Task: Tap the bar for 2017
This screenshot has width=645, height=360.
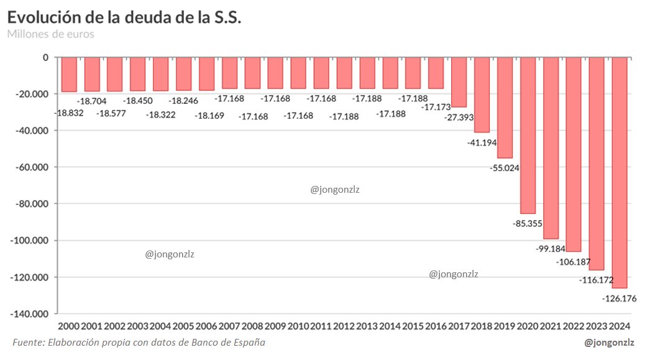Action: click(x=459, y=82)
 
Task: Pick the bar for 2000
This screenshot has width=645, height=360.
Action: click(x=69, y=75)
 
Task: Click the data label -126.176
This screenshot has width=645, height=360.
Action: click(x=619, y=298)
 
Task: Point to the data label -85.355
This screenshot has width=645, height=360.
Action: click(x=528, y=223)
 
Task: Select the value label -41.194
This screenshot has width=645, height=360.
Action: click(x=482, y=142)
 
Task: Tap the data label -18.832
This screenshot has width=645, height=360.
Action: click(x=69, y=113)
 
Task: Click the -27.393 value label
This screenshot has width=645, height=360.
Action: click(x=459, y=116)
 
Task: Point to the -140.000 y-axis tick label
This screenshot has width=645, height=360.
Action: click(x=29, y=314)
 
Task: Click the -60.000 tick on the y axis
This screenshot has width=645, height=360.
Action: click(x=31, y=167)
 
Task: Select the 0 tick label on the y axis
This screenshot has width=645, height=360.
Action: click(x=45, y=57)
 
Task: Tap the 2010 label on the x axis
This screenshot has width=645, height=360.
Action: click(x=299, y=326)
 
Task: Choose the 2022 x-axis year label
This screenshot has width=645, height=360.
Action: click(x=574, y=326)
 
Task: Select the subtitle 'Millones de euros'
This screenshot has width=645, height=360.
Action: click(x=51, y=34)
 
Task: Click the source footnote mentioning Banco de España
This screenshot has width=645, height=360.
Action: click(x=139, y=343)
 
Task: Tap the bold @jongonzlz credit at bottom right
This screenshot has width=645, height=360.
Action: click(x=610, y=343)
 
